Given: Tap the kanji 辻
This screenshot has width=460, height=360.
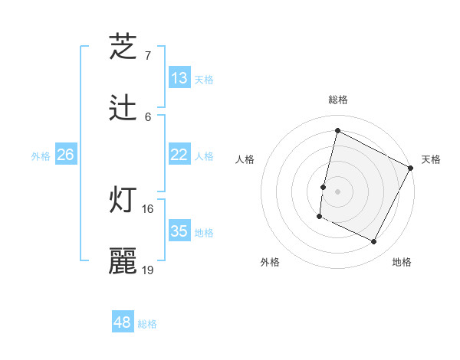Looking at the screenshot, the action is [x=123, y=108].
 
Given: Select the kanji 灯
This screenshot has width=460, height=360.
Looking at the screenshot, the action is [x=123, y=200].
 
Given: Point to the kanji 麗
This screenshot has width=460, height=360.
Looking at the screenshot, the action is [x=123, y=260].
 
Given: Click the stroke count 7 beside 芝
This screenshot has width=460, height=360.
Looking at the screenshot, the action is [x=148, y=55].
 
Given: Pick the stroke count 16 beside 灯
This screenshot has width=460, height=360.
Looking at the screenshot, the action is [x=148, y=208].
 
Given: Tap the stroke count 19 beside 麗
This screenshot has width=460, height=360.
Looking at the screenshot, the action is [x=148, y=270].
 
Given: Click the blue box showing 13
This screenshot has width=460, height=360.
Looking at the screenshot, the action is [x=179, y=78].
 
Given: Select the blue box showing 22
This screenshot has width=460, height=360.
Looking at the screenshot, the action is [x=179, y=155].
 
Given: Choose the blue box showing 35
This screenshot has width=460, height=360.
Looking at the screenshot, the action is [x=179, y=231].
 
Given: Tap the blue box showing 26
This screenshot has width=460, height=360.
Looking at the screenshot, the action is [x=65, y=155].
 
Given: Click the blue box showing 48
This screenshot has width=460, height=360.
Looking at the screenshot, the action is [x=123, y=322].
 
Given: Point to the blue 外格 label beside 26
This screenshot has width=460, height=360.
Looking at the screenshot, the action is [x=41, y=156].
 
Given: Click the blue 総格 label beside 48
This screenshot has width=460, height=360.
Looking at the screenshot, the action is [x=147, y=324].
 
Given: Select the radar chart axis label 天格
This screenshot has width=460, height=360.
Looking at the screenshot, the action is [x=431, y=159].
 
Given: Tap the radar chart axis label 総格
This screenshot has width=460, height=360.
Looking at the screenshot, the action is [x=337, y=100].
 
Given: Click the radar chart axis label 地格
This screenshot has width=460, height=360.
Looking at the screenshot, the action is [x=402, y=262].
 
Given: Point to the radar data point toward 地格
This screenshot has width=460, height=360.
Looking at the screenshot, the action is [x=374, y=242].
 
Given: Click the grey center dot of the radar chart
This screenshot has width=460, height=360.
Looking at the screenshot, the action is [x=337, y=191].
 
